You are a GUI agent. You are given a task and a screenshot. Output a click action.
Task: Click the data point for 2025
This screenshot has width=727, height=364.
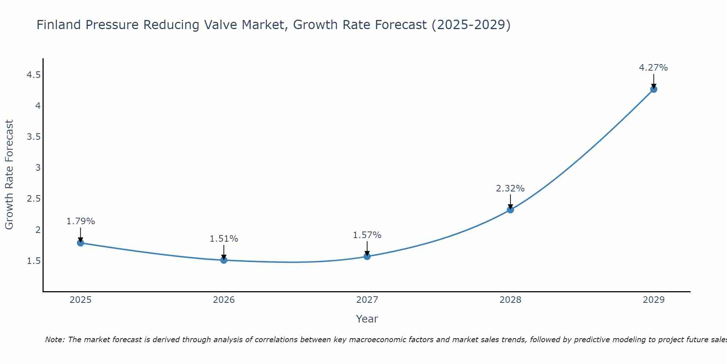point(81,243)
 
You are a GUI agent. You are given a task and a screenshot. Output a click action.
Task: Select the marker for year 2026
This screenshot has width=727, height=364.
point(224,260)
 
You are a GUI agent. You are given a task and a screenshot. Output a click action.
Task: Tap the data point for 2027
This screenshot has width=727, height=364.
point(367,256)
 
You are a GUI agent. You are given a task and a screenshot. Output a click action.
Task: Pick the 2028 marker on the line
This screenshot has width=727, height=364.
point(510,210)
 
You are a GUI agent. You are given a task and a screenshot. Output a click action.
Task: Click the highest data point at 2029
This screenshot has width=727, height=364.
point(654,89)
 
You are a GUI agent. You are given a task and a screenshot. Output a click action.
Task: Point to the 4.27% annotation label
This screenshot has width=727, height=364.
point(653,68)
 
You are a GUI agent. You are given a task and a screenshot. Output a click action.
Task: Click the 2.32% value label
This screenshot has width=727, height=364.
point(510,189)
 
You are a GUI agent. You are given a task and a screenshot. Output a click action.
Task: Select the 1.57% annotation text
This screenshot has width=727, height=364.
point(367,235)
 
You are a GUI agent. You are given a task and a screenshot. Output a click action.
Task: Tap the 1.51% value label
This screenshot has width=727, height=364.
point(224,239)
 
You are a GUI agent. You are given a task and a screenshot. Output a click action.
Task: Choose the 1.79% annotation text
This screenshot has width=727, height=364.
point(80,221)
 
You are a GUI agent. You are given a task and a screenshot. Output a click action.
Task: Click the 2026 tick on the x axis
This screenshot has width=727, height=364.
point(224,300)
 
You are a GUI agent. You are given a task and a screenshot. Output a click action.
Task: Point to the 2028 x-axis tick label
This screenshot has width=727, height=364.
point(510,300)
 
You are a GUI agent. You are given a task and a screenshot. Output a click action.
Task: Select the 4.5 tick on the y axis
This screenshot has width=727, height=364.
point(33,75)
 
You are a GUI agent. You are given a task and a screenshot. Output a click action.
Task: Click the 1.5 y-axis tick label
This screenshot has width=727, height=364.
point(33,261)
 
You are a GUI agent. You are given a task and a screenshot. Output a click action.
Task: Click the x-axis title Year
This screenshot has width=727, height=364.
point(367,319)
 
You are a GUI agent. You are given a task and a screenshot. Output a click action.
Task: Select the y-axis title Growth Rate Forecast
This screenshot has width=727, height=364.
point(9,174)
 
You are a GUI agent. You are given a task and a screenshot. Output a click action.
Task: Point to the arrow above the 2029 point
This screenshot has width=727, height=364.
point(654,81)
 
